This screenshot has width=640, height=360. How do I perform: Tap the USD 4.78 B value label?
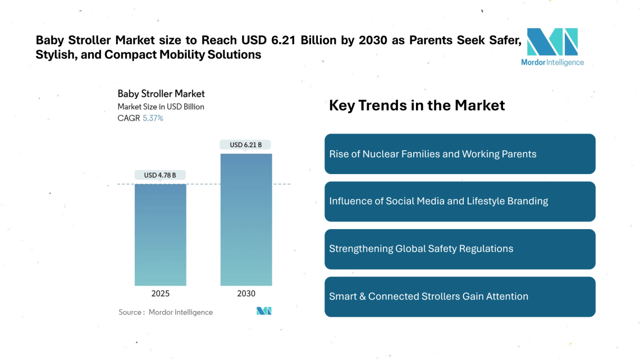pyautogui.click(x=160, y=175)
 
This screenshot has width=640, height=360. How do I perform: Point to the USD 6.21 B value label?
pyautogui.click(x=246, y=145)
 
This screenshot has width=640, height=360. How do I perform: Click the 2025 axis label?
pyautogui.click(x=160, y=294)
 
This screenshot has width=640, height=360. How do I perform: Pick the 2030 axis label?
pyautogui.click(x=246, y=294)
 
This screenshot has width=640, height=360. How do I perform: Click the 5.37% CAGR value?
pyautogui.click(x=153, y=119)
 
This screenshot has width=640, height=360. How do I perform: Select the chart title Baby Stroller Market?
pyautogui.click(x=161, y=94)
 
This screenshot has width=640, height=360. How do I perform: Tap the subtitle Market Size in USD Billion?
pyautogui.click(x=161, y=107)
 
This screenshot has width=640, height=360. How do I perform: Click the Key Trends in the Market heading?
pyautogui.click(x=417, y=105)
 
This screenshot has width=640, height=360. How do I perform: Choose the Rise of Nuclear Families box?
pyautogui.click(x=460, y=154)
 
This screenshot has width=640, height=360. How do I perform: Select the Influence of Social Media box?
pyautogui.click(x=460, y=201)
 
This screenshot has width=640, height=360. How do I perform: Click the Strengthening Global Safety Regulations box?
pyautogui.click(x=460, y=249)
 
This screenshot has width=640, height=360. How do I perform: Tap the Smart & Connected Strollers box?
pyautogui.click(x=460, y=297)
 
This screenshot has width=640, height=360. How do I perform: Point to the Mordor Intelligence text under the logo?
pyautogui.click(x=552, y=62)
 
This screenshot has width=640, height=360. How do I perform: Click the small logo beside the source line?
pyautogui.click(x=264, y=311)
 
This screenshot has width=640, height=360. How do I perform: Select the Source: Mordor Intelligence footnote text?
pyautogui.click(x=166, y=312)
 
